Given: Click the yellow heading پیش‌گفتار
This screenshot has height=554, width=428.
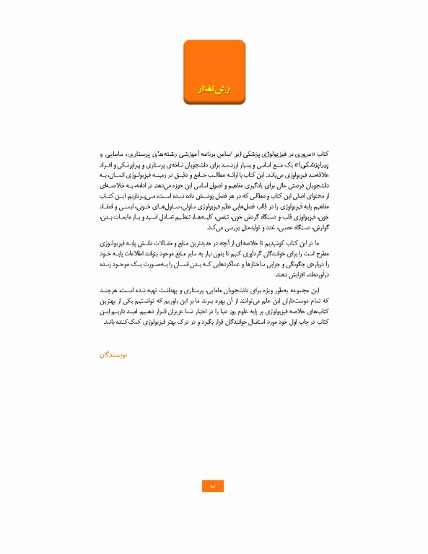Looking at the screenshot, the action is [214, 88].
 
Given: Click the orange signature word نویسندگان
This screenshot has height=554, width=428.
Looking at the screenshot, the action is [113, 355].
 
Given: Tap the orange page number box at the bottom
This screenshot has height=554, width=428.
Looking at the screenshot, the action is [213, 486].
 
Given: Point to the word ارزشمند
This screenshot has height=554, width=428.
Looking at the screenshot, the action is [235, 165].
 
